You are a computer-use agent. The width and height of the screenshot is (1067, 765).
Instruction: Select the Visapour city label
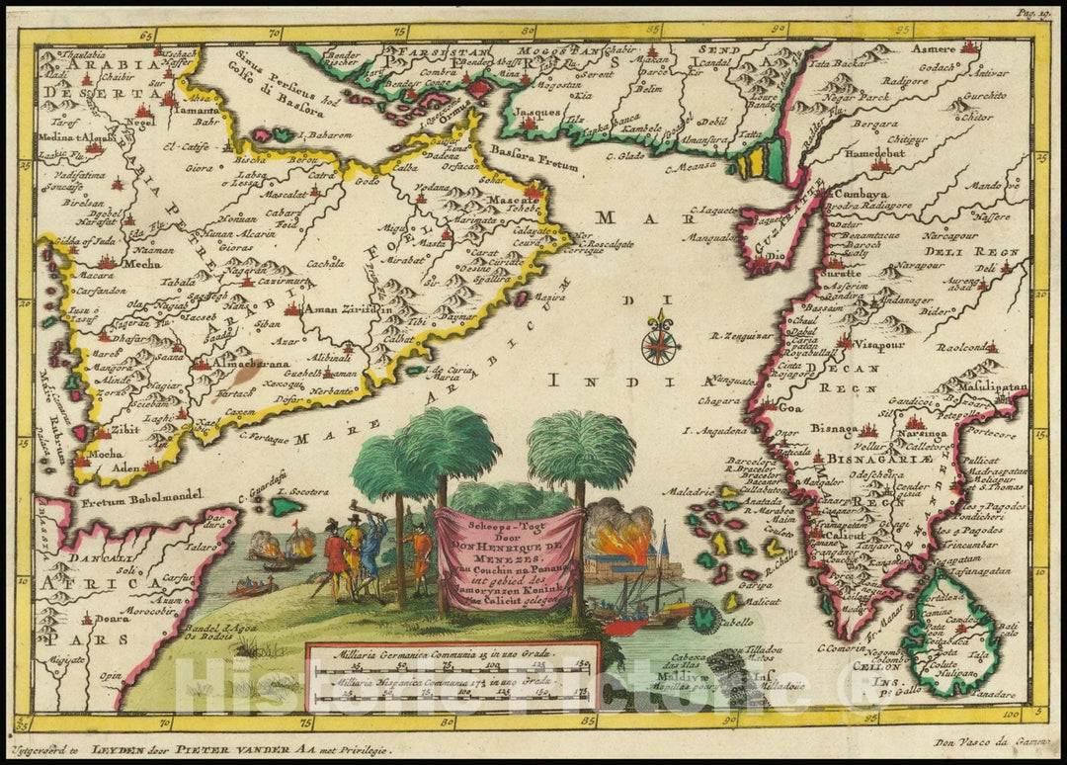pos(875,348)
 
